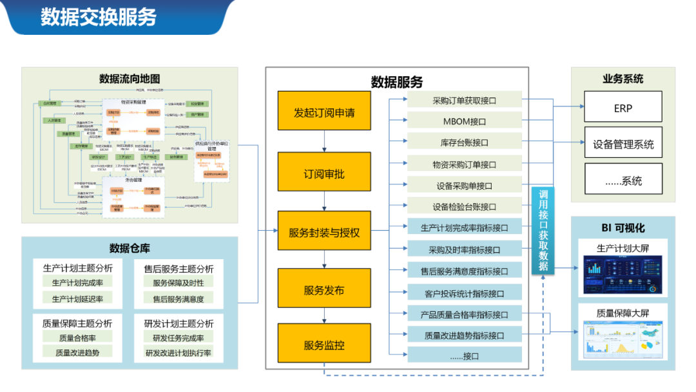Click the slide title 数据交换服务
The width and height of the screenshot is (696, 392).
coord(99,17)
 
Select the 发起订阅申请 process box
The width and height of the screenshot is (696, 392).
coord(324,113)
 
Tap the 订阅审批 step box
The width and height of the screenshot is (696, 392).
coord(324,174)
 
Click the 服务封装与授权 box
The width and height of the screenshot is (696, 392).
coord(324,232)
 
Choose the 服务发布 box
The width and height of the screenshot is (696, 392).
coord(324,290)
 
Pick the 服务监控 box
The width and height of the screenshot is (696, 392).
coord(324,345)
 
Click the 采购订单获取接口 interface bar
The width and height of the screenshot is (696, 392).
coord(464,101)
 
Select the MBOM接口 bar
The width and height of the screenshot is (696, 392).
coord(464,121)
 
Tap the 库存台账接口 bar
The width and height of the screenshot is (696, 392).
coord(464,142)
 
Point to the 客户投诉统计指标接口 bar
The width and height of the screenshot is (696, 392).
coord(464,293)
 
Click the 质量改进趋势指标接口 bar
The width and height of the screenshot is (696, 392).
coord(464,335)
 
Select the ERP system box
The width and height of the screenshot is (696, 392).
coord(623,108)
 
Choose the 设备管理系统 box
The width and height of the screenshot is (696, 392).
coord(623,144)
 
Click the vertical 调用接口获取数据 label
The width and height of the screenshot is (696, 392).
coord(543,231)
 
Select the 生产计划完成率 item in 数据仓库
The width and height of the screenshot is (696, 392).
coord(77,282)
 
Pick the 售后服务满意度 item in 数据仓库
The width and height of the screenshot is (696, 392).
coord(178,299)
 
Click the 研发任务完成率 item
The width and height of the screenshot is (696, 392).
coord(178,338)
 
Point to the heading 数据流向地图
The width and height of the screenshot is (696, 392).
coord(130,79)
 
